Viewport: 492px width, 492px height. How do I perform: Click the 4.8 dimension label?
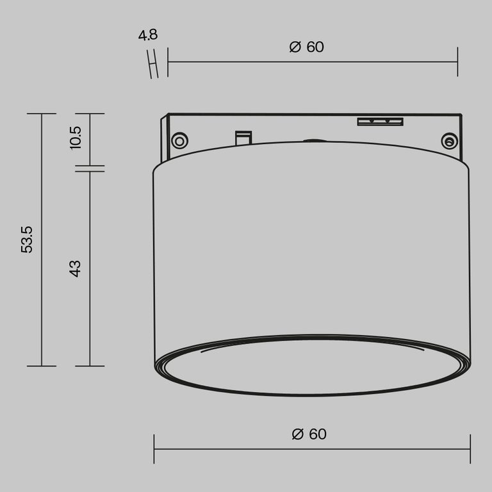147,35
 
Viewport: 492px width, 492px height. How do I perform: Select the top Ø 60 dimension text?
307,47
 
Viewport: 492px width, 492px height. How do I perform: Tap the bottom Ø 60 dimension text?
309,434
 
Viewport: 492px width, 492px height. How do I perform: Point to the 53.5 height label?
27,239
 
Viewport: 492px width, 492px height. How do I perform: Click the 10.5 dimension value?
76,138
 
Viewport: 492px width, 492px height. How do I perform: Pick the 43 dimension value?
76,268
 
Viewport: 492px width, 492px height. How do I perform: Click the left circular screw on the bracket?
179,140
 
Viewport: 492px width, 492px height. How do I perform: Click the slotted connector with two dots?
380,120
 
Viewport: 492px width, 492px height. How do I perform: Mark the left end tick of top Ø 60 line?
168,61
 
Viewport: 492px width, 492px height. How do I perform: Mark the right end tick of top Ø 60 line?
457,61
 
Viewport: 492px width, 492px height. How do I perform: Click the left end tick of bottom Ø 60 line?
154,448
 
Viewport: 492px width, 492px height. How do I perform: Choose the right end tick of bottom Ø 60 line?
470,448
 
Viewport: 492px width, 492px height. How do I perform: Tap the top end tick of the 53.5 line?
42,114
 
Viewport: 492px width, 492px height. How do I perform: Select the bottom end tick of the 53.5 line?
42,366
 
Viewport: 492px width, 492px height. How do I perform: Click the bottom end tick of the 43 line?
90,366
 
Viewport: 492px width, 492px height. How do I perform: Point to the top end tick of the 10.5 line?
90,114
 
